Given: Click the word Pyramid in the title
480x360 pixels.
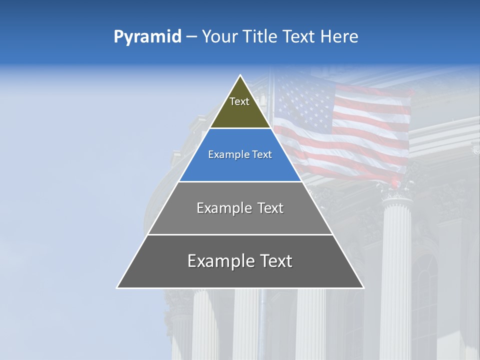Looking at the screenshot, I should click(147, 37).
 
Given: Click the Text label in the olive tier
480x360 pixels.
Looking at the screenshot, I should click(239, 101).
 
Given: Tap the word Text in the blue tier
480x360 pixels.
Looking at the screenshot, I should click(262, 155).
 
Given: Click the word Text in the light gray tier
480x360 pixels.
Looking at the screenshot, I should click(271, 208).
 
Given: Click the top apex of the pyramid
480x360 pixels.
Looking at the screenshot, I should click(240, 76).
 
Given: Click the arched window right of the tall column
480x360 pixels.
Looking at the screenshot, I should click(425, 300).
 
